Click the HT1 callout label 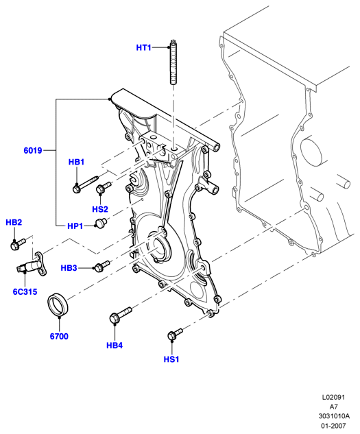coord(143,47)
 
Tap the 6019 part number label coord(33,151)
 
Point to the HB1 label coord(76,162)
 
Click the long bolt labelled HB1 coord(85,184)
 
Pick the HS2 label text coord(100,209)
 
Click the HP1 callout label coord(75,226)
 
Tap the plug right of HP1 coord(101,223)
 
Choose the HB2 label coord(14,222)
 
